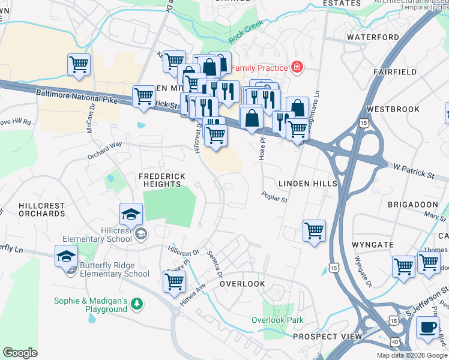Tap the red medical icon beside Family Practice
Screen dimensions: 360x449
point(296,67)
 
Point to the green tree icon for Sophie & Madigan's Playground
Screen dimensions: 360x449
point(137,305)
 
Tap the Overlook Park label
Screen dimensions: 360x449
point(277,320)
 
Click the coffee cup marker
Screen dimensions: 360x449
point(427,328)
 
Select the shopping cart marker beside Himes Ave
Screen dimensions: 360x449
point(174,282)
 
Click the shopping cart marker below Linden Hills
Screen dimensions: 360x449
point(314,231)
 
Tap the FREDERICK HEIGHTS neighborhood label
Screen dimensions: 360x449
point(162,180)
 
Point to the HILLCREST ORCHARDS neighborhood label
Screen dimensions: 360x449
point(41,209)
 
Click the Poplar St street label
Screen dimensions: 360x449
point(274,197)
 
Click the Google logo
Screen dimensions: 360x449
point(20,353)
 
